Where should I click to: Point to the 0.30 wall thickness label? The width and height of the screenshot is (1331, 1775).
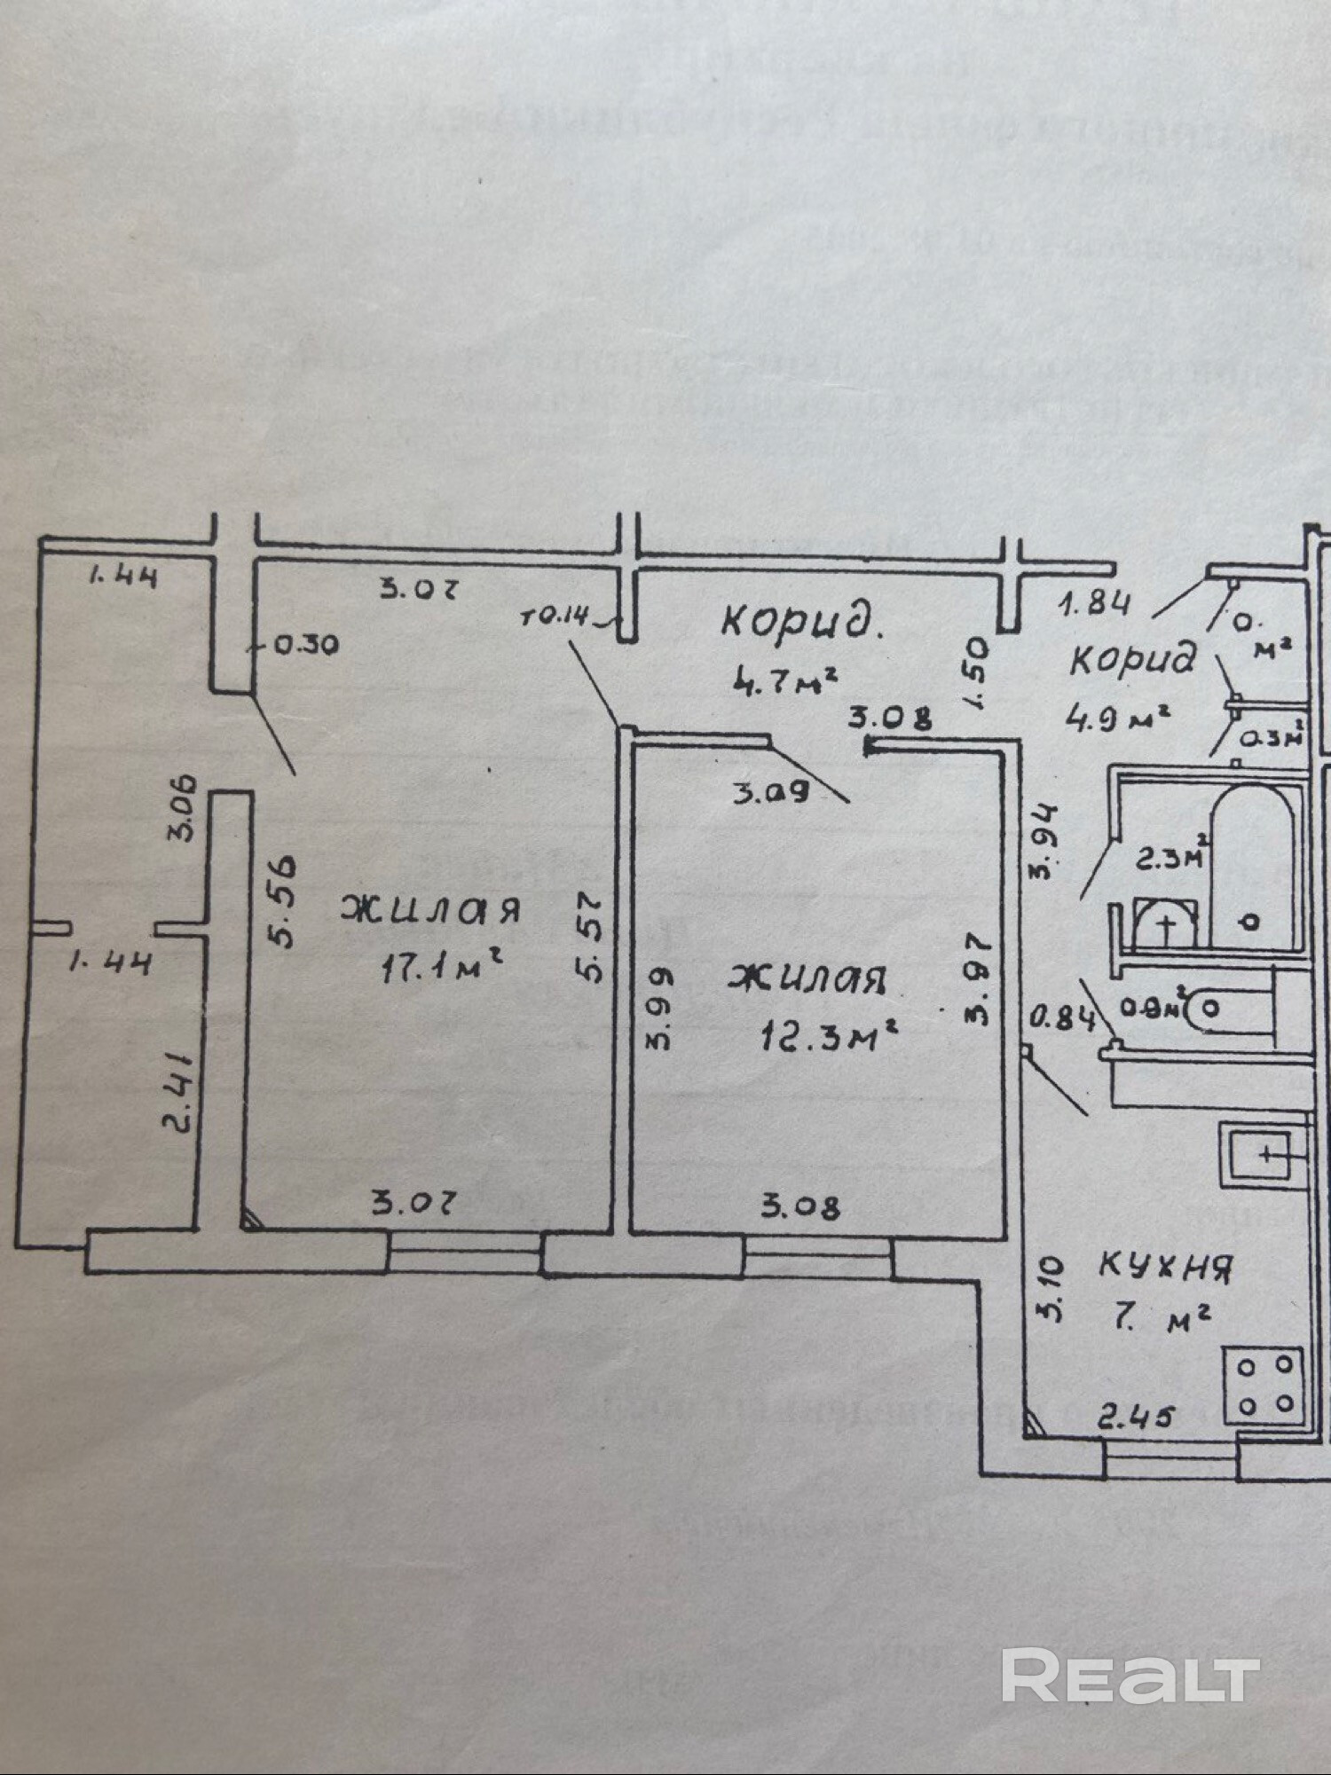[x=305, y=645]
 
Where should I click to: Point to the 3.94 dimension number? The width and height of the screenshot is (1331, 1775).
[x=1044, y=828]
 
